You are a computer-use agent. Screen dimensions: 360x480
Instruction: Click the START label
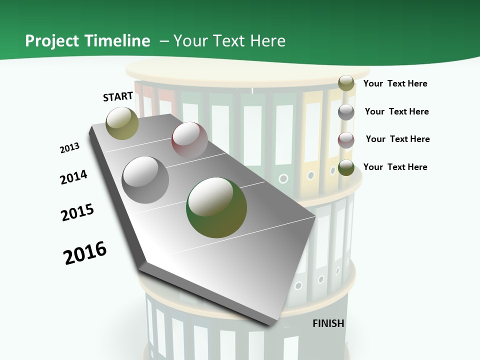(118, 96)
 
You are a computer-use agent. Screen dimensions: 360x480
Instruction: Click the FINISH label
(328, 323)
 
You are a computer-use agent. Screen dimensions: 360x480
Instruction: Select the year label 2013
(70, 148)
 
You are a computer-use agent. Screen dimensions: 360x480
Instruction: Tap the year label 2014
(74, 177)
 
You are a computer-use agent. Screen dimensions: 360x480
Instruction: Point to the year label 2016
(85, 253)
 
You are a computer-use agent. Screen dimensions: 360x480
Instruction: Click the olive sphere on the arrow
(122, 123)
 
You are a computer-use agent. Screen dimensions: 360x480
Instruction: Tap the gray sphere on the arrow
(145, 179)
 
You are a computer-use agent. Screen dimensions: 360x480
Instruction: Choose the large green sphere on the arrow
(216, 207)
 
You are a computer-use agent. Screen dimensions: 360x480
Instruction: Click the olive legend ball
(346, 83)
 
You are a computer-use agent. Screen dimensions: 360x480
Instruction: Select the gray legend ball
(346, 112)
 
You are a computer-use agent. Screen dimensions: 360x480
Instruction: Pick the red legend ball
(346, 140)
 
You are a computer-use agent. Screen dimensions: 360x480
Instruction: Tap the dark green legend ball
(346, 167)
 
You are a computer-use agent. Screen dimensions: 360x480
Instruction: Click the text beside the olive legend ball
(395, 83)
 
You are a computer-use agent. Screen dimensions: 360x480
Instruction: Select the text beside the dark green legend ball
(395, 167)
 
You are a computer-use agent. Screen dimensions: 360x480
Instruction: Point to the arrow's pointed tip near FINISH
(272, 324)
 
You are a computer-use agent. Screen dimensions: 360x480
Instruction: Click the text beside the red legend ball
(397, 139)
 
